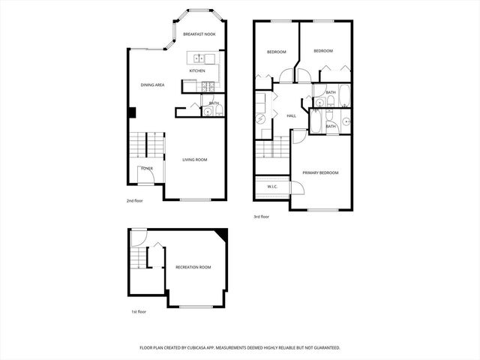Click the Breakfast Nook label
tap(199, 34)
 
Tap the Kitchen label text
tap(197, 71)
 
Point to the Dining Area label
tap(152, 85)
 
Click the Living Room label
tap(195, 159)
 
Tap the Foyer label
tap(147, 169)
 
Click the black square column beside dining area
tap(131, 112)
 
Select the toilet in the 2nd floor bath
tap(208, 112)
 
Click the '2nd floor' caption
tap(134, 201)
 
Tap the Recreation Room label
tap(193, 267)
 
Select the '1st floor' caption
tap(139, 311)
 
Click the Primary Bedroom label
tap(320, 173)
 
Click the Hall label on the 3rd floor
tap(292, 115)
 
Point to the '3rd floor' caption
tap(262, 217)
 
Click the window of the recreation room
tap(196, 307)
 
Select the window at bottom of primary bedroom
tap(322, 209)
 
